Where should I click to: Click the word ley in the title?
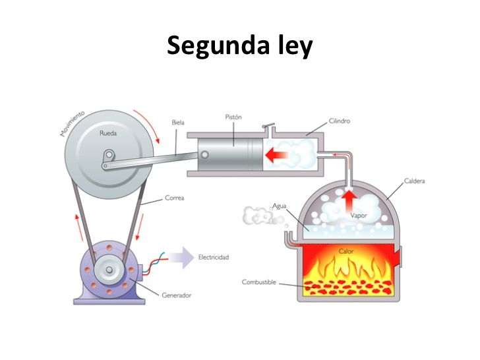click(291, 46)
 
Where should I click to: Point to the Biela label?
click(177, 122)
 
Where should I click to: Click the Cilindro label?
click(339, 121)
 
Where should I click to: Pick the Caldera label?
click(413, 181)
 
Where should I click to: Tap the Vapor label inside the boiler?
click(358, 215)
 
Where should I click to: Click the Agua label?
click(279, 205)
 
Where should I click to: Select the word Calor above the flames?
click(346, 251)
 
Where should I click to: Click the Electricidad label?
click(214, 257)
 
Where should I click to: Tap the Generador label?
click(176, 295)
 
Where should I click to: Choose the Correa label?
click(175, 198)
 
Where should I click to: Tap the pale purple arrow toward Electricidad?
click(177, 257)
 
